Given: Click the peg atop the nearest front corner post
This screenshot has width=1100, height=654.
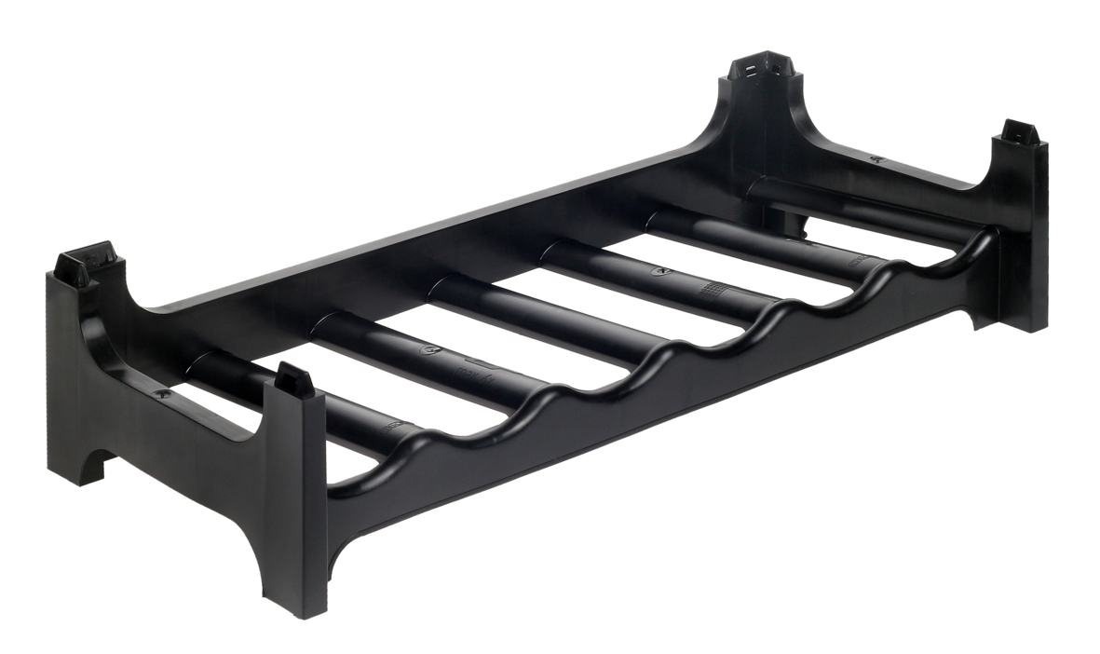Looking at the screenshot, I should (294, 378).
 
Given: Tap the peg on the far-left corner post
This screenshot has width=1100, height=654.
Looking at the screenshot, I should (84, 263).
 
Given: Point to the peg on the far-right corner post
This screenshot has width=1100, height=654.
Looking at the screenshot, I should (1019, 132).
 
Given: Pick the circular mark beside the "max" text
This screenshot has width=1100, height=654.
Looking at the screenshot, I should (430, 351).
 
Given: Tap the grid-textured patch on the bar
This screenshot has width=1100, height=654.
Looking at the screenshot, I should (716, 290).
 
